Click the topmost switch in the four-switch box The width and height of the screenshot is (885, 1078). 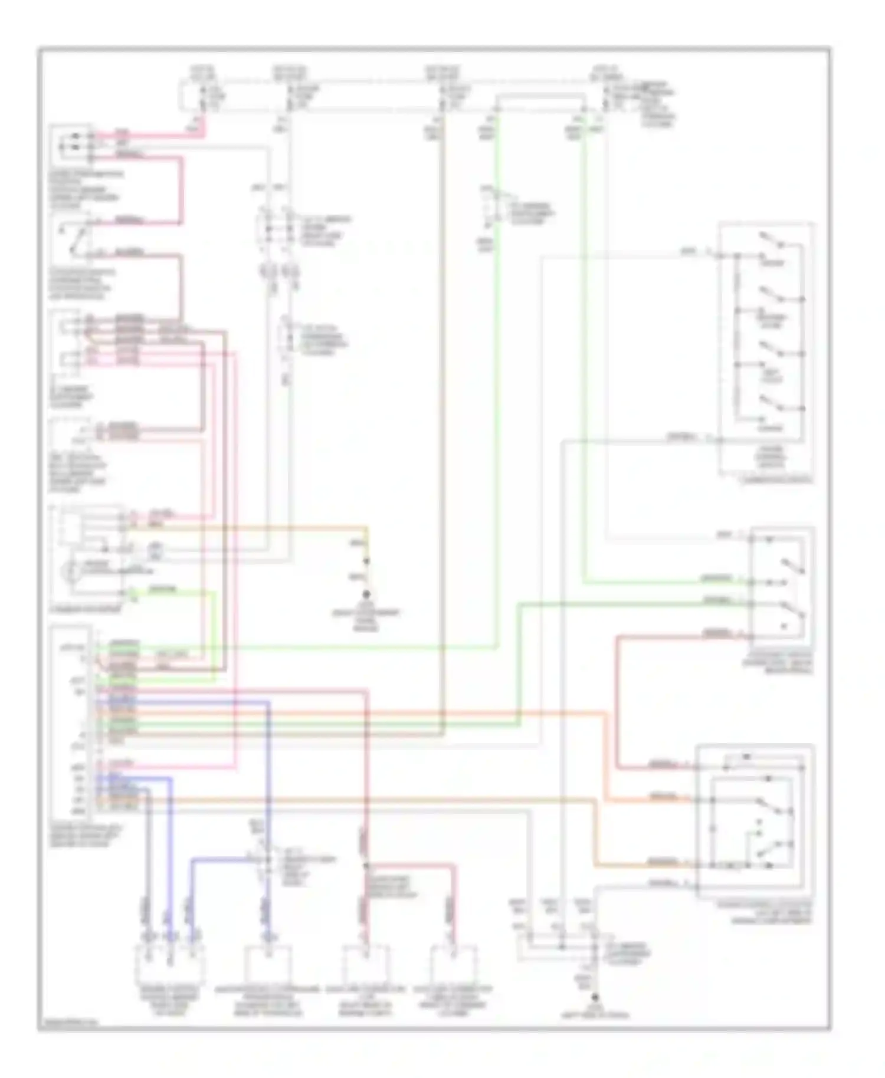point(770,241)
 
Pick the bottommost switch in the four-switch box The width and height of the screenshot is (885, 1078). point(770,403)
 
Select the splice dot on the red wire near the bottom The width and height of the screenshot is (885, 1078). point(366,866)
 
